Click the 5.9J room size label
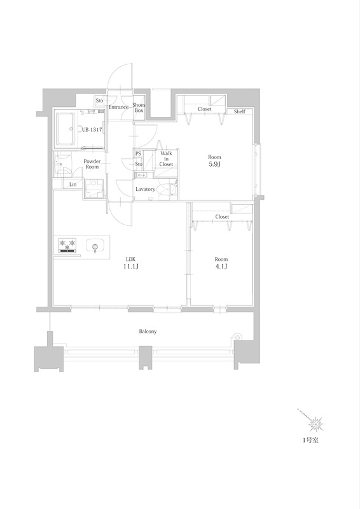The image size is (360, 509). [214, 164]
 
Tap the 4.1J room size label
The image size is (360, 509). [221, 267]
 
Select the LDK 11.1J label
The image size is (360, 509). [130, 263]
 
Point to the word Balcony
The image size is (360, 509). [148, 331]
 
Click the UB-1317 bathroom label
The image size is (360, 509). [92, 130]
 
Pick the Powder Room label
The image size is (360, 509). [92, 164]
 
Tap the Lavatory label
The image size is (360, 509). [145, 189]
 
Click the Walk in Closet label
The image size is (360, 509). [166, 158]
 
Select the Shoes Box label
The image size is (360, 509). [139, 108]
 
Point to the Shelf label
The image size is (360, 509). [240, 111]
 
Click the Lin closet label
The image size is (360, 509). [73, 185]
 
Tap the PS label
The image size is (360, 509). [138, 153]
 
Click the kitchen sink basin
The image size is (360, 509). [95, 246]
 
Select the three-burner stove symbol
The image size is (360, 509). [67, 246]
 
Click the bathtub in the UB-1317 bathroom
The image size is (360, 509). [67, 129]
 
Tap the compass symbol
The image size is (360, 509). [315, 424]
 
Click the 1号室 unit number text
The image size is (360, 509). [310, 440]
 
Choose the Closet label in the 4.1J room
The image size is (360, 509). [222, 216]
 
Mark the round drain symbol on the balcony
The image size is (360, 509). [237, 338]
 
